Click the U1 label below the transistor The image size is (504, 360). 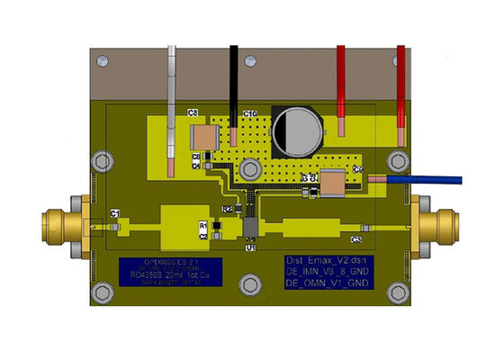pos(250,246)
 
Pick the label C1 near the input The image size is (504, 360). pos(115,212)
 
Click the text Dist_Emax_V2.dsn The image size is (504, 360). pos(321,258)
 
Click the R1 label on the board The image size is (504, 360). pos(202,224)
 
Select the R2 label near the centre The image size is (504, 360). pos(228,209)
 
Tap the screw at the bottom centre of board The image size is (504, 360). pos(247,287)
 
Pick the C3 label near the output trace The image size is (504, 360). pos(356,238)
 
